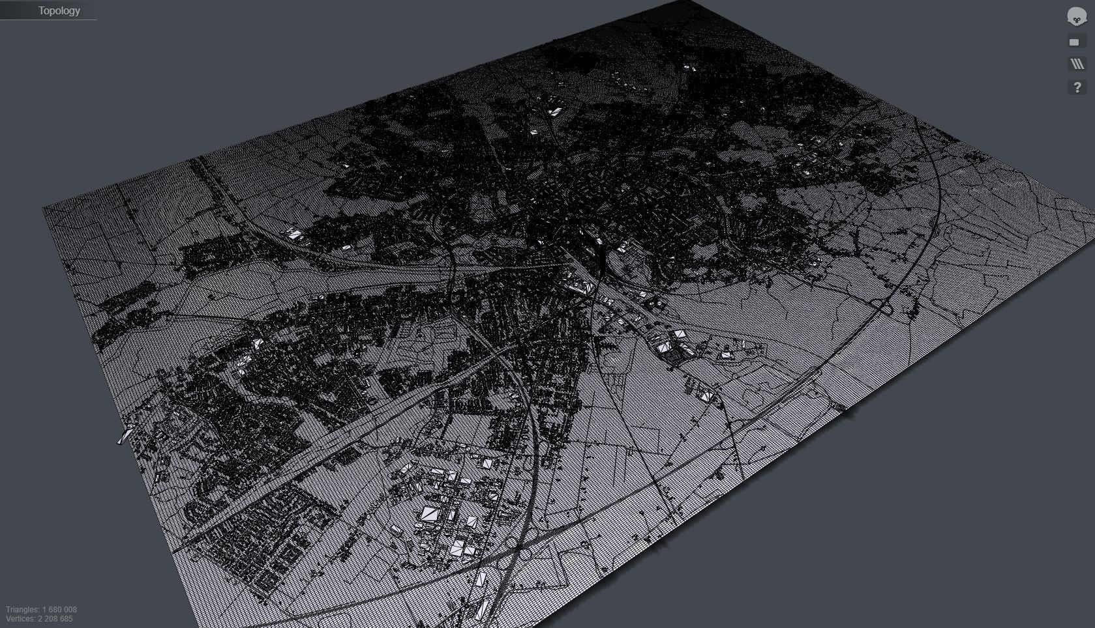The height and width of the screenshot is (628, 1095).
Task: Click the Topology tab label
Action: [x=59, y=10]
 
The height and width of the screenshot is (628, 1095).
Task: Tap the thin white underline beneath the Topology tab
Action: [x=48, y=20]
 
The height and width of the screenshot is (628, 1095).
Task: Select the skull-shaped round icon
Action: [x=1076, y=17]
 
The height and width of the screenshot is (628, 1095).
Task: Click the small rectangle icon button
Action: [x=1074, y=42]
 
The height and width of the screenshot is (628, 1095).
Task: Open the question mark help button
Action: [x=1077, y=87]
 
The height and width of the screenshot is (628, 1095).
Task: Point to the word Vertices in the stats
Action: [x=20, y=619]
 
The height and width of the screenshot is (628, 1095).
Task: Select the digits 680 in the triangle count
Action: [x=56, y=610]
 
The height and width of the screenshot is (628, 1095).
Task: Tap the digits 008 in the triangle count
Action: [x=70, y=610]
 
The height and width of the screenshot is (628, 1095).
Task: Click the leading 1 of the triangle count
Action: [x=44, y=610]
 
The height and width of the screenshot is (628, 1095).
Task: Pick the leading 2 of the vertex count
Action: [x=40, y=619]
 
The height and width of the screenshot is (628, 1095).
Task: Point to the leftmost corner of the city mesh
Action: [x=43, y=208]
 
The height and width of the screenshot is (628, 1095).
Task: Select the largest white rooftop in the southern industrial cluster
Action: [x=429, y=514]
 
